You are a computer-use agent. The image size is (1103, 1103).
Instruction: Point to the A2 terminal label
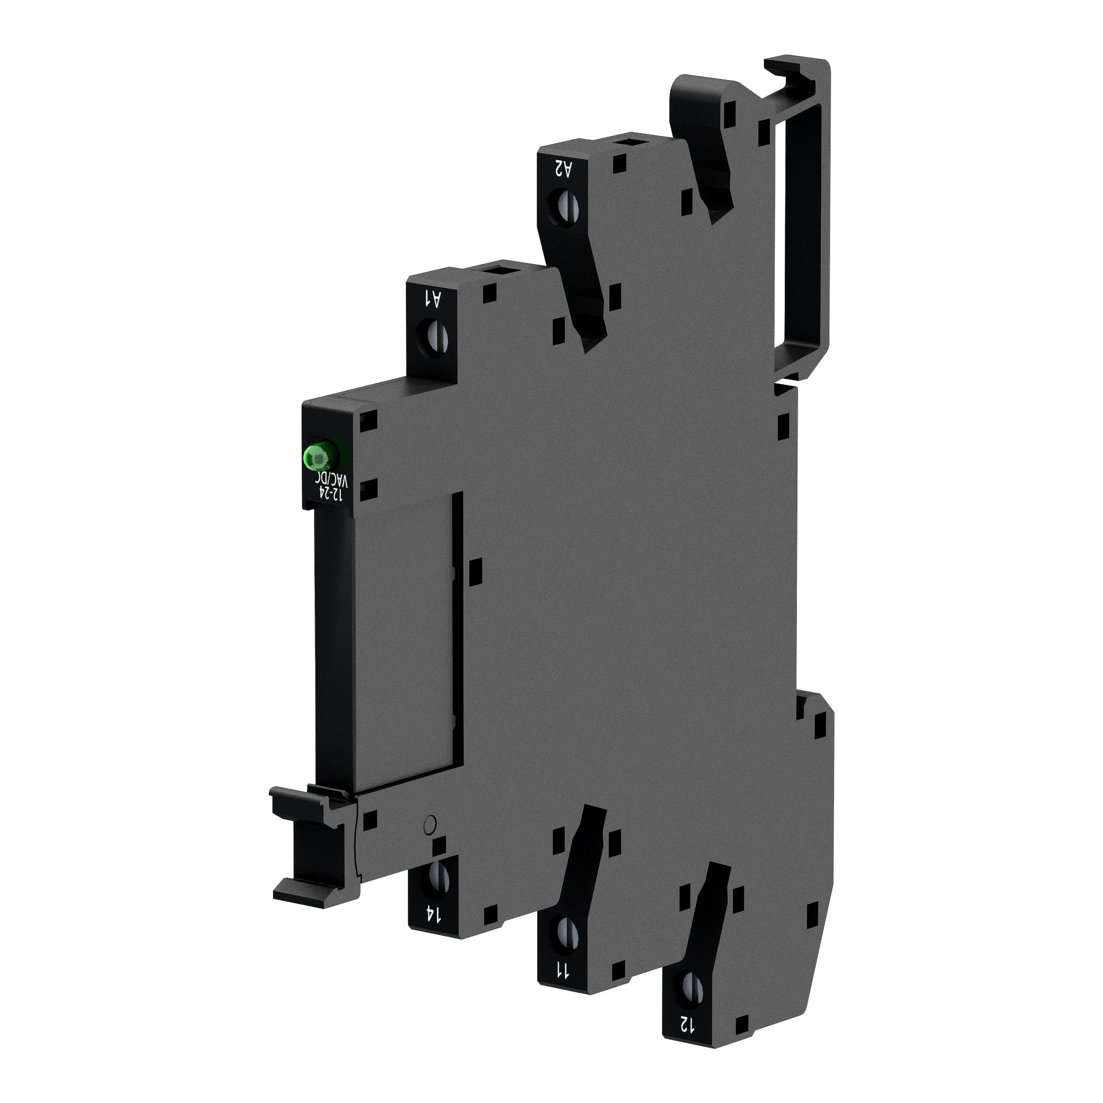pyautogui.click(x=563, y=169)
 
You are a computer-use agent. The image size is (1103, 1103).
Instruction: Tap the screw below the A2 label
pyautogui.click(x=564, y=207)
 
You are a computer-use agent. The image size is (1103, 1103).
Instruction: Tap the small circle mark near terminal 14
pyautogui.click(x=431, y=823)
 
